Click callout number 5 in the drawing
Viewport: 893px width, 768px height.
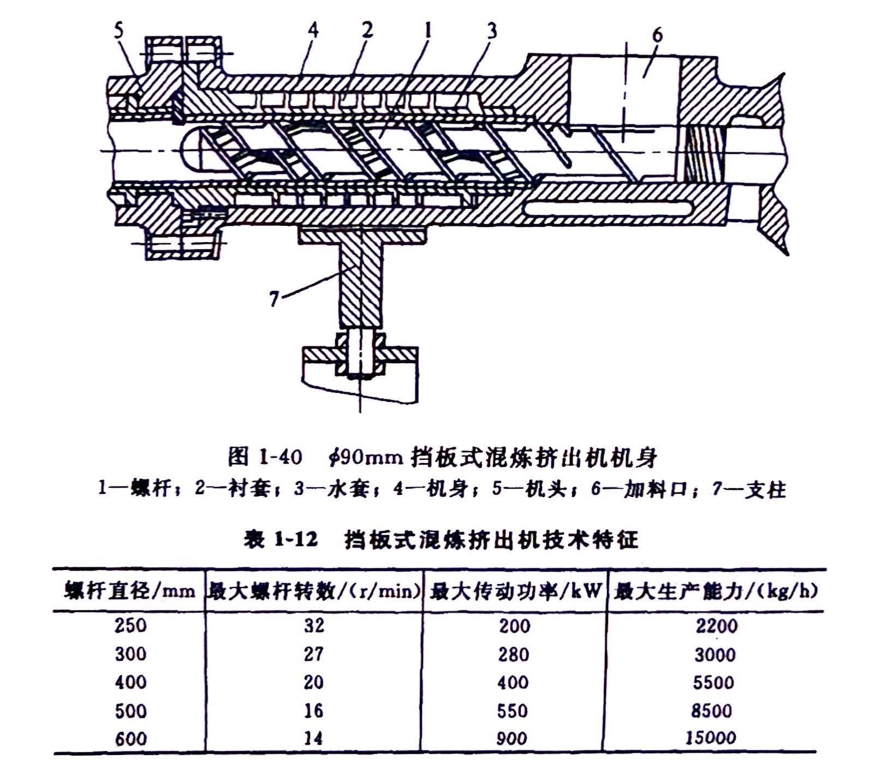point(119,30)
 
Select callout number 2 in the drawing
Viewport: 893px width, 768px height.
point(367,29)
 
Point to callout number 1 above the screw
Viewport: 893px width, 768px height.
point(427,29)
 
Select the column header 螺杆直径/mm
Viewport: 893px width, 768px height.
point(129,591)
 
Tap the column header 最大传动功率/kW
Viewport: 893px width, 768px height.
point(515,591)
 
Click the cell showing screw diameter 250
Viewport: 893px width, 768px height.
point(130,625)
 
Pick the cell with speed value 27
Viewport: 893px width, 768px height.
point(313,653)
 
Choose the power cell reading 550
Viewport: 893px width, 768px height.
point(513,710)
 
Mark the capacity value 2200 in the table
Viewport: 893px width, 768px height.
point(716,625)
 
